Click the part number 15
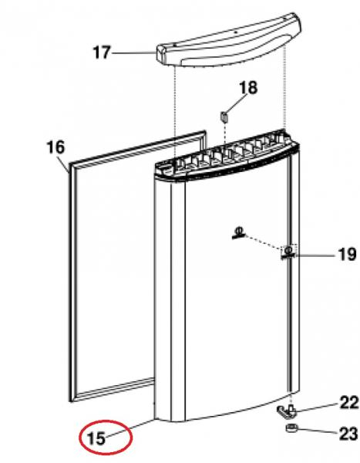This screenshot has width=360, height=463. (x=96, y=438)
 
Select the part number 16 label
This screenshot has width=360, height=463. (x=56, y=147)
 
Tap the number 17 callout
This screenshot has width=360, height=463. (x=102, y=52)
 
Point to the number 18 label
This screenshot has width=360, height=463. (x=248, y=88)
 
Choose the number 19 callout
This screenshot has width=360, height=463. (x=347, y=254)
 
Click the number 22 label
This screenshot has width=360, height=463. (x=349, y=403)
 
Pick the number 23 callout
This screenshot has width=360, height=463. (x=349, y=434)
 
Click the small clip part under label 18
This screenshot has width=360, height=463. (x=224, y=117)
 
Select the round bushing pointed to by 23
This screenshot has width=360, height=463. (x=291, y=428)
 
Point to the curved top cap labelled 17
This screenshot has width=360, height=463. (x=229, y=42)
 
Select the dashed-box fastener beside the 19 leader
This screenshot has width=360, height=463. (x=288, y=252)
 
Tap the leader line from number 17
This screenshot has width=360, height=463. (x=134, y=52)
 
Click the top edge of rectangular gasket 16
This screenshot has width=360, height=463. (x=136, y=147)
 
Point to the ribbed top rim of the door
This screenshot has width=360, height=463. (x=226, y=157)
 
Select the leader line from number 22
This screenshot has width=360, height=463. (x=317, y=407)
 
